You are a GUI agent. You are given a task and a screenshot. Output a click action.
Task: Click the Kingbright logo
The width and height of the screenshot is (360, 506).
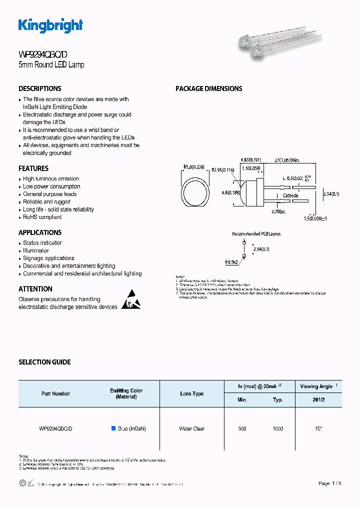pos(50,25)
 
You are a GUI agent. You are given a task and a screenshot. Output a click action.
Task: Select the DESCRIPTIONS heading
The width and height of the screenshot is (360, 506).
pos(40,88)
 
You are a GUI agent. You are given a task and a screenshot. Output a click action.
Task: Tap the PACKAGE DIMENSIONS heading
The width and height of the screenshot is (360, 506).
pos(208,88)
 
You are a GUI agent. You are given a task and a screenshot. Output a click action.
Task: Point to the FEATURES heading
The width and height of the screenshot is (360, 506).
pos(33,168)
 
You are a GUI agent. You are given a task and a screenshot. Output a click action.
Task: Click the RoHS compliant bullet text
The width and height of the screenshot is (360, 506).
pos(42,217)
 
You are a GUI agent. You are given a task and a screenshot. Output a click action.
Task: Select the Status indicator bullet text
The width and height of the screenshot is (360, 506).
pos(42,243)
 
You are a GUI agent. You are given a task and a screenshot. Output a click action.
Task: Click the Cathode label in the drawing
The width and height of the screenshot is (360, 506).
pos(290,195)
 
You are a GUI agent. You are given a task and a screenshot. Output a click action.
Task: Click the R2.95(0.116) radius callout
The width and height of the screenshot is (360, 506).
pos(223,170)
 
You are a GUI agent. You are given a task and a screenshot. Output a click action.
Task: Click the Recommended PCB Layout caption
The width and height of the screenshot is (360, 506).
pos(256,233)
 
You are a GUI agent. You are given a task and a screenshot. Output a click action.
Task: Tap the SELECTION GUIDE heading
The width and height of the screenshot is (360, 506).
pos(44,362)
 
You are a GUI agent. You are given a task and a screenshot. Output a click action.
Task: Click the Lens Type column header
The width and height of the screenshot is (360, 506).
pos(192,393)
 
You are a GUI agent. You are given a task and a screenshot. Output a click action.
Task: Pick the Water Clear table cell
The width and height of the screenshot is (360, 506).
pos(192,428)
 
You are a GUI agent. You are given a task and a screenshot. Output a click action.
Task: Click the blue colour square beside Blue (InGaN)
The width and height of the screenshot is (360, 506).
pos(113,428)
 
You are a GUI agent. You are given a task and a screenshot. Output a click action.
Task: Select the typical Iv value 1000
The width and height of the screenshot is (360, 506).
pos(278,428)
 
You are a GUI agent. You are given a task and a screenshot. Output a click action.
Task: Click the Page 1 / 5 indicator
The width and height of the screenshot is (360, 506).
pos(330,483)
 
